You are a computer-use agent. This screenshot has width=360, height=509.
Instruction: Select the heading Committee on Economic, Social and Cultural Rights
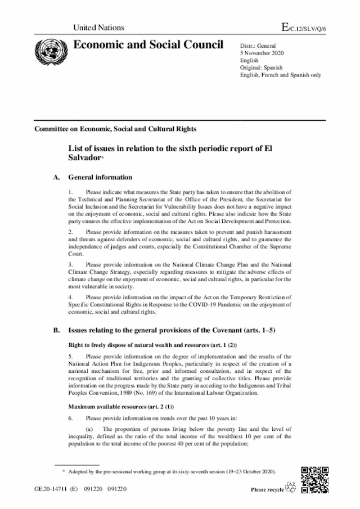click(x=115, y=129)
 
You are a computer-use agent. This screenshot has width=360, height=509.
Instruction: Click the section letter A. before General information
click(x=56, y=177)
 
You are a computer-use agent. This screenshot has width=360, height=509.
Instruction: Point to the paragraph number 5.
click(x=70, y=357)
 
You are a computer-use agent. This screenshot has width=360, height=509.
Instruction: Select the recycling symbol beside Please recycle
click(x=291, y=487)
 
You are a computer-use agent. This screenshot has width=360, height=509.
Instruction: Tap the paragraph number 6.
click(x=70, y=418)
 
